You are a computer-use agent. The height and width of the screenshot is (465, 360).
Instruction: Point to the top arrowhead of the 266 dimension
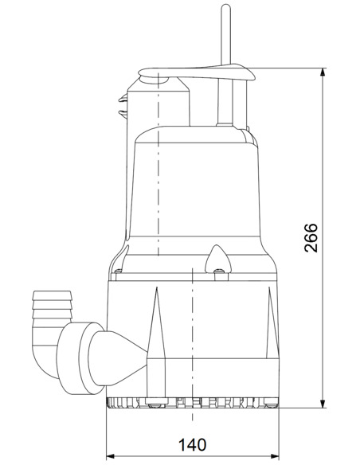point(323,73)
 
